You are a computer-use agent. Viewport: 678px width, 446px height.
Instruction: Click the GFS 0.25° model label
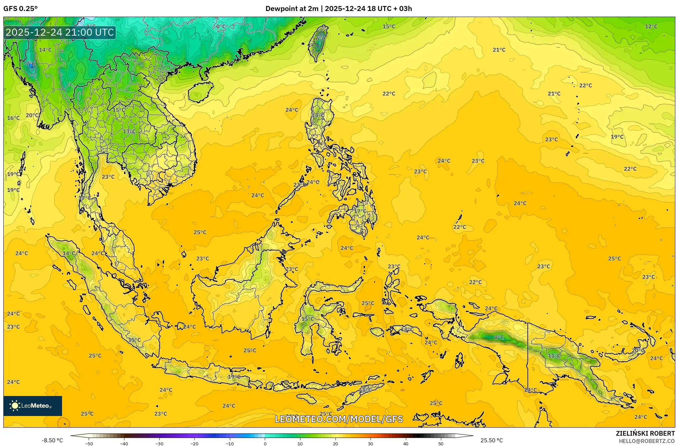click(20, 9)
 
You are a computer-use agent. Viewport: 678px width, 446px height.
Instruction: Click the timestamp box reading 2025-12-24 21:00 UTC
click(60, 32)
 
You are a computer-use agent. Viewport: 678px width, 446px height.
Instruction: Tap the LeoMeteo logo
click(32, 406)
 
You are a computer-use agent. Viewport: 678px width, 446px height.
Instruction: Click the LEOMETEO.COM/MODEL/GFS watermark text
click(339, 419)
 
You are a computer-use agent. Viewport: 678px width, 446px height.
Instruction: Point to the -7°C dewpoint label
click(30, 63)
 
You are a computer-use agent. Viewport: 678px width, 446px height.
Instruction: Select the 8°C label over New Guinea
click(499, 337)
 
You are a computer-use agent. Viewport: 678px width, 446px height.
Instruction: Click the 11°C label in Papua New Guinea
click(554, 356)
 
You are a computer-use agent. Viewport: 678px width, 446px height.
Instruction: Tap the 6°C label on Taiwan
click(320, 39)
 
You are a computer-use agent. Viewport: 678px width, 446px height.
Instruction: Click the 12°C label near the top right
click(651, 26)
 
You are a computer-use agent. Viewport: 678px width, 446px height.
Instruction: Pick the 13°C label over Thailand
click(129, 131)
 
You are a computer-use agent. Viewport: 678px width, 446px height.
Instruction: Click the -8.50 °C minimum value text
click(52, 440)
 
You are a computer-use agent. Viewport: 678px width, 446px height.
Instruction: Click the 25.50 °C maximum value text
click(492, 440)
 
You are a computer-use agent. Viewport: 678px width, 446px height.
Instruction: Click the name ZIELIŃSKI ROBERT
click(645, 433)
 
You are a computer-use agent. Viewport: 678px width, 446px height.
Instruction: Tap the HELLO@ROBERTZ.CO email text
click(647, 441)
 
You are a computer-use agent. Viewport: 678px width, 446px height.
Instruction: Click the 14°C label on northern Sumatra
click(69, 253)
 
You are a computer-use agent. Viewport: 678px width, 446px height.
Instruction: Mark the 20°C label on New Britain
click(638, 350)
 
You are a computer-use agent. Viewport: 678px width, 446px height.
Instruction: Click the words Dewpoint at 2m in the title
click(292, 9)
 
